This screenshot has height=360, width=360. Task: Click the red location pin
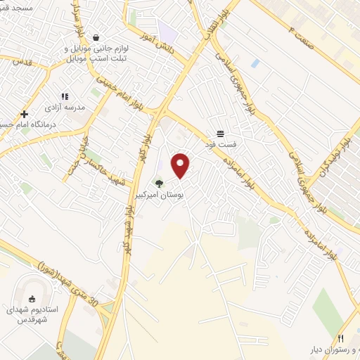point(181,165)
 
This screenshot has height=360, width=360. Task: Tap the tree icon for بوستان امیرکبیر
point(160,185)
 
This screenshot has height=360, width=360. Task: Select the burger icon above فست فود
point(221,134)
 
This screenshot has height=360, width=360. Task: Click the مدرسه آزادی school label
point(65,108)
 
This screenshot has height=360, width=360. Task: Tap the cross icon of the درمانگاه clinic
point(25,114)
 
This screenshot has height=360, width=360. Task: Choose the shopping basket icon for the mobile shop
point(96,38)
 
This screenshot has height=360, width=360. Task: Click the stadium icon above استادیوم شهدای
point(31,298)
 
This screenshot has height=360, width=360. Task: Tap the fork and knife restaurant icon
point(342,338)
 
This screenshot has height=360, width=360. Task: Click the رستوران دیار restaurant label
point(331,349)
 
